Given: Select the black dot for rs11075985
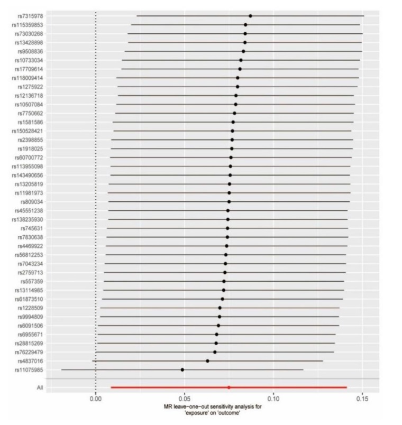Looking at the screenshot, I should (x=182, y=369).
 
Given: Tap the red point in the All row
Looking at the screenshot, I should (x=229, y=387).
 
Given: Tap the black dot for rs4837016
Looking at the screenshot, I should (x=207, y=361).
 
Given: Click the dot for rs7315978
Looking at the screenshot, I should (x=250, y=16).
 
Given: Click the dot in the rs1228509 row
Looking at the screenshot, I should (x=220, y=308).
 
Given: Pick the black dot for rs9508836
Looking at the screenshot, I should (x=243, y=51).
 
